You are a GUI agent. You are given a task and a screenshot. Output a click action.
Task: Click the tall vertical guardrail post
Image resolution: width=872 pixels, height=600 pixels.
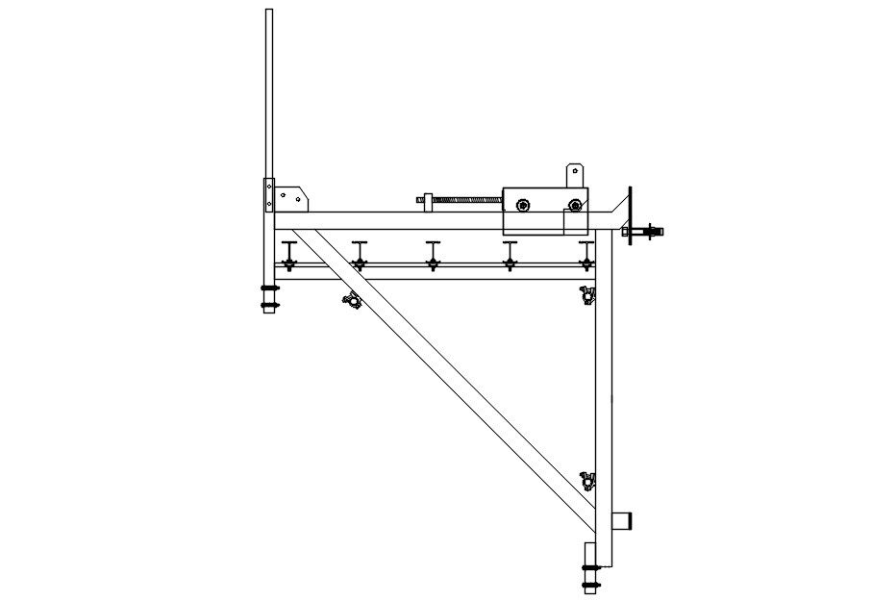point(268,96)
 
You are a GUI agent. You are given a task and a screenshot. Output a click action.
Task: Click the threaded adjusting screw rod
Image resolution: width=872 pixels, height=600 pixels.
point(466,200)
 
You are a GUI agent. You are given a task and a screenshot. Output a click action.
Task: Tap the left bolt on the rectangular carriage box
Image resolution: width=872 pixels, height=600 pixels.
point(522,204)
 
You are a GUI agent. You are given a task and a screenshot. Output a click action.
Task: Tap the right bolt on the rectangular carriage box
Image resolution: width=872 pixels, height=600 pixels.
point(575,204)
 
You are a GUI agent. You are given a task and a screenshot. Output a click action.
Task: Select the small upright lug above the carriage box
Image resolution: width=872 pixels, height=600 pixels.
point(575,175)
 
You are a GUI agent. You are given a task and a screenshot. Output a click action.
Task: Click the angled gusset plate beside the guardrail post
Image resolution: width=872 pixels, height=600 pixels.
point(291,197)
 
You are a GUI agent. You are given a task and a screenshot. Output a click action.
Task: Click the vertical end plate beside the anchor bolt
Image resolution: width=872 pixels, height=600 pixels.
point(630,215)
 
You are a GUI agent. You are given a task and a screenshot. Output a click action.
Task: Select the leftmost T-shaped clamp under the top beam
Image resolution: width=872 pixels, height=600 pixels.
point(287,254)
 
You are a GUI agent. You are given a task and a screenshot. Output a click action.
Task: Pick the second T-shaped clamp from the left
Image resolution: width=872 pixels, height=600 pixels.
point(359,254)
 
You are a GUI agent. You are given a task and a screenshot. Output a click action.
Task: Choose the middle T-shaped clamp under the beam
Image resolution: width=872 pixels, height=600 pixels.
point(433,254)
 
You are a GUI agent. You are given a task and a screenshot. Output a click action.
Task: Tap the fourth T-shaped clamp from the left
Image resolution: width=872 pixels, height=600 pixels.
point(509,254)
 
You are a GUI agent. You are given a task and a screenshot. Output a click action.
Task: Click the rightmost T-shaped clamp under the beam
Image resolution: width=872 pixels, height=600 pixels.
point(585,254)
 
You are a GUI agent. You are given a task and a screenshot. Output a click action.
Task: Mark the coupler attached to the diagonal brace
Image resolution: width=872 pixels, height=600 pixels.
point(353,300)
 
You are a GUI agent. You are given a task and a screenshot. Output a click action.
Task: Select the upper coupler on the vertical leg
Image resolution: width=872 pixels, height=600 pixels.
point(586,294)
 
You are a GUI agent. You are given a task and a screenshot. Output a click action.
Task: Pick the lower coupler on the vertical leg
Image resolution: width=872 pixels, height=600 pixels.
point(587,480)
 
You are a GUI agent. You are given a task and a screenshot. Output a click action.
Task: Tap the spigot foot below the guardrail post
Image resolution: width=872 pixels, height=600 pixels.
point(269,296)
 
